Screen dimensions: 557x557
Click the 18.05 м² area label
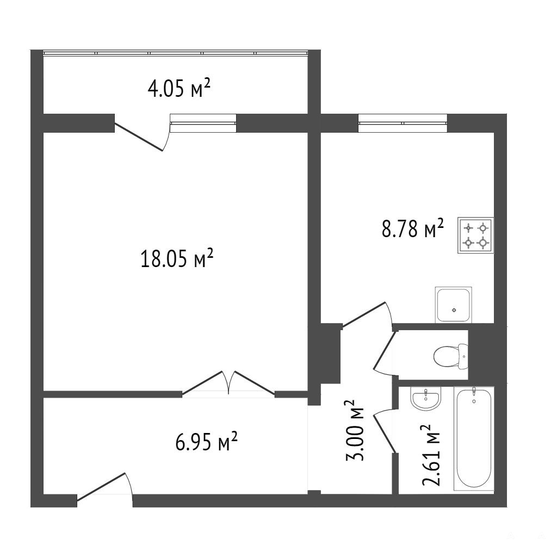pos(177,258)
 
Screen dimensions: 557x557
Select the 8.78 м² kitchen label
pos(413,228)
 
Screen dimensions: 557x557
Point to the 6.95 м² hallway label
pos(206,441)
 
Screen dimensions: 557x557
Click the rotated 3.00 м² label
pos(355,431)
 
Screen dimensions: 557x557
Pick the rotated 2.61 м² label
pos(431,455)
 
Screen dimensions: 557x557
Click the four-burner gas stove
pos(475,236)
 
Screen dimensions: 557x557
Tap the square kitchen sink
pos(454,305)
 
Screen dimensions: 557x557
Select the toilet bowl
pos(451,356)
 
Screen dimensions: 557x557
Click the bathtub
pos(474,438)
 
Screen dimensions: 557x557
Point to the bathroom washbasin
pos(425,398)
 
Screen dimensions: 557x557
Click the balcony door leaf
pos(139,137)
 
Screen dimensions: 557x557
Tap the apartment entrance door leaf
pos(101,487)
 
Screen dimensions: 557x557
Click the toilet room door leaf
pos(384,350)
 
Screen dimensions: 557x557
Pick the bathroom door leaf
pos(384,434)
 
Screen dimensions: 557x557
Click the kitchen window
pos(403,123)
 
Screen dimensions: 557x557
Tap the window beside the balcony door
pos(203,123)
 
